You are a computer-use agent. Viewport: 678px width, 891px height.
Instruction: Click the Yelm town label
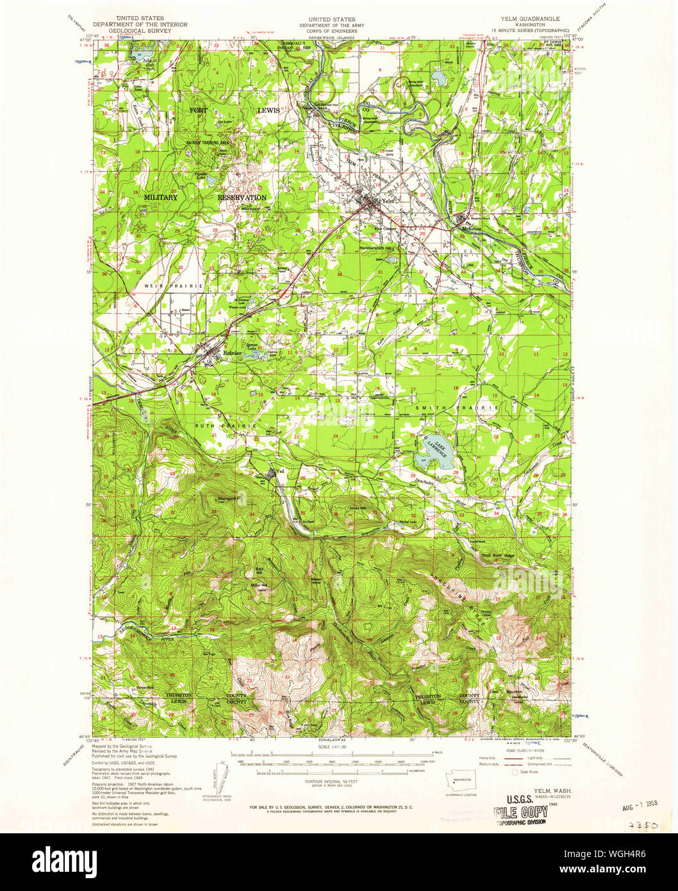click(x=384, y=201)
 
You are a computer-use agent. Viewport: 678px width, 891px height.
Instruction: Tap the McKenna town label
click(x=470, y=228)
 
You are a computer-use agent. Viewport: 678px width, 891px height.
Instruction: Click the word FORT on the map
click(x=199, y=110)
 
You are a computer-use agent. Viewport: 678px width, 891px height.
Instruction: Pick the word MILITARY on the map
click(x=160, y=197)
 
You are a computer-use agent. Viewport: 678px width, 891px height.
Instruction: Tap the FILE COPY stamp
click(x=520, y=812)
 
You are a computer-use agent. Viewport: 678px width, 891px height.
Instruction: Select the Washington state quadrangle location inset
click(x=459, y=783)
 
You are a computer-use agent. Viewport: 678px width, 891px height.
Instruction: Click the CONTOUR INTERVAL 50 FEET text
click(x=331, y=782)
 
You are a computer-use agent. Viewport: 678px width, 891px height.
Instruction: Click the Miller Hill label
click(x=259, y=585)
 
